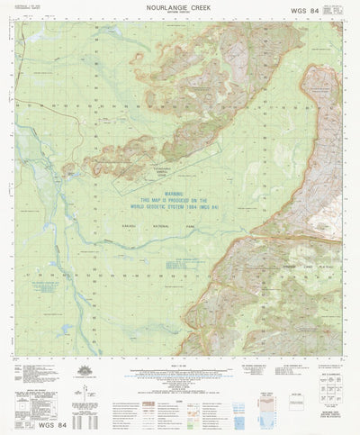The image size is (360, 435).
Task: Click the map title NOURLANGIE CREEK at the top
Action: click(180, 6)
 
